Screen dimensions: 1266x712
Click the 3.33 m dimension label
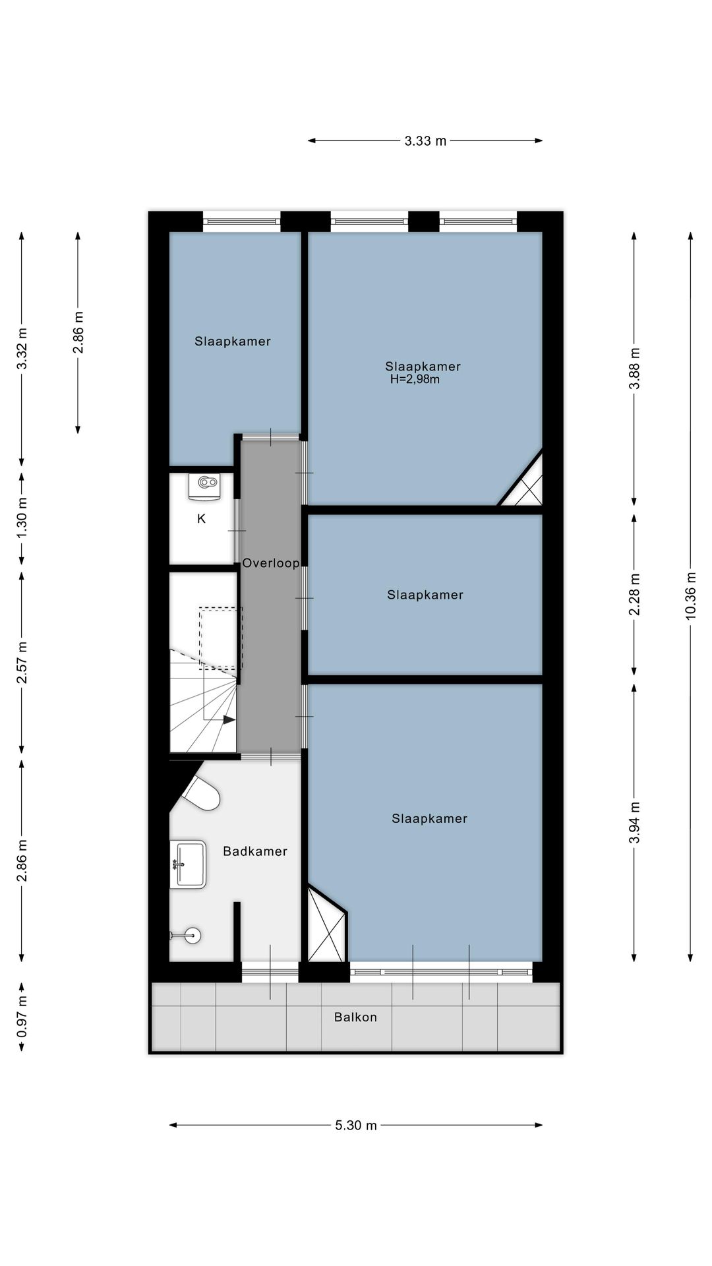(x=425, y=140)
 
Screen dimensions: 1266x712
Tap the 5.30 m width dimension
(x=356, y=1125)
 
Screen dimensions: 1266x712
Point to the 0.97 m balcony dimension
(x=22, y=1016)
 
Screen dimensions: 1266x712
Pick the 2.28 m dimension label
(x=634, y=595)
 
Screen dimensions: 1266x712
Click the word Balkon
(x=355, y=1017)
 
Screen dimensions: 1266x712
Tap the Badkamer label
(x=255, y=851)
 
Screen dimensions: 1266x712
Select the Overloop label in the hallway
(x=270, y=563)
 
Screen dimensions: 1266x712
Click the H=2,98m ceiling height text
(x=415, y=379)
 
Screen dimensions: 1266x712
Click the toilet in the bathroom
(x=202, y=793)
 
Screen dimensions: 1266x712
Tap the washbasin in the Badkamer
(x=189, y=864)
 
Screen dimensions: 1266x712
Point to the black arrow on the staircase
(x=228, y=719)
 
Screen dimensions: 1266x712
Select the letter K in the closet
(x=201, y=519)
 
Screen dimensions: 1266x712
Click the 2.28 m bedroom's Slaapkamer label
(x=425, y=595)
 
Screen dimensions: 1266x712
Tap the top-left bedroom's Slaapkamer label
(x=232, y=341)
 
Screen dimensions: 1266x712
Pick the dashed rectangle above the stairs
(x=221, y=636)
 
